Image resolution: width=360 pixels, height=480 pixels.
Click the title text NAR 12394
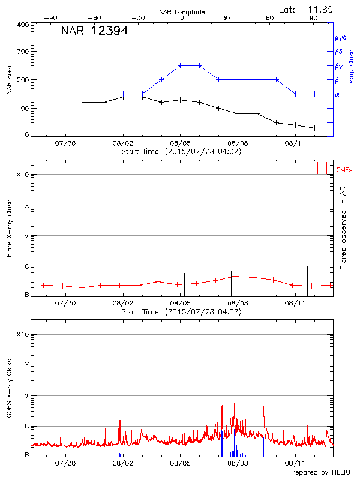click(x=94, y=31)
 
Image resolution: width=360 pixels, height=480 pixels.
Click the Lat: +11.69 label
click(x=307, y=9)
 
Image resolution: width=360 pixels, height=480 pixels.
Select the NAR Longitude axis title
click(x=182, y=11)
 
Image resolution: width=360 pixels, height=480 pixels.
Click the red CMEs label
click(x=344, y=171)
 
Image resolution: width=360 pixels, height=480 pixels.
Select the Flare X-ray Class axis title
click(x=9, y=228)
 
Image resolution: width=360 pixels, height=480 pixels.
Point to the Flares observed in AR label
click(x=343, y=229)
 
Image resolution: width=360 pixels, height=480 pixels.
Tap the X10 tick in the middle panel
click(x=23, y=175)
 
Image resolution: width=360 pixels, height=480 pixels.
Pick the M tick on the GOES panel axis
click(x=26, y=396)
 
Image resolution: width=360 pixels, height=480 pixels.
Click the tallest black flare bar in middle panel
click(x=233, y=276)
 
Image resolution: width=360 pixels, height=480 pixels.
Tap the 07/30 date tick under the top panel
click(x=65, y=143)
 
